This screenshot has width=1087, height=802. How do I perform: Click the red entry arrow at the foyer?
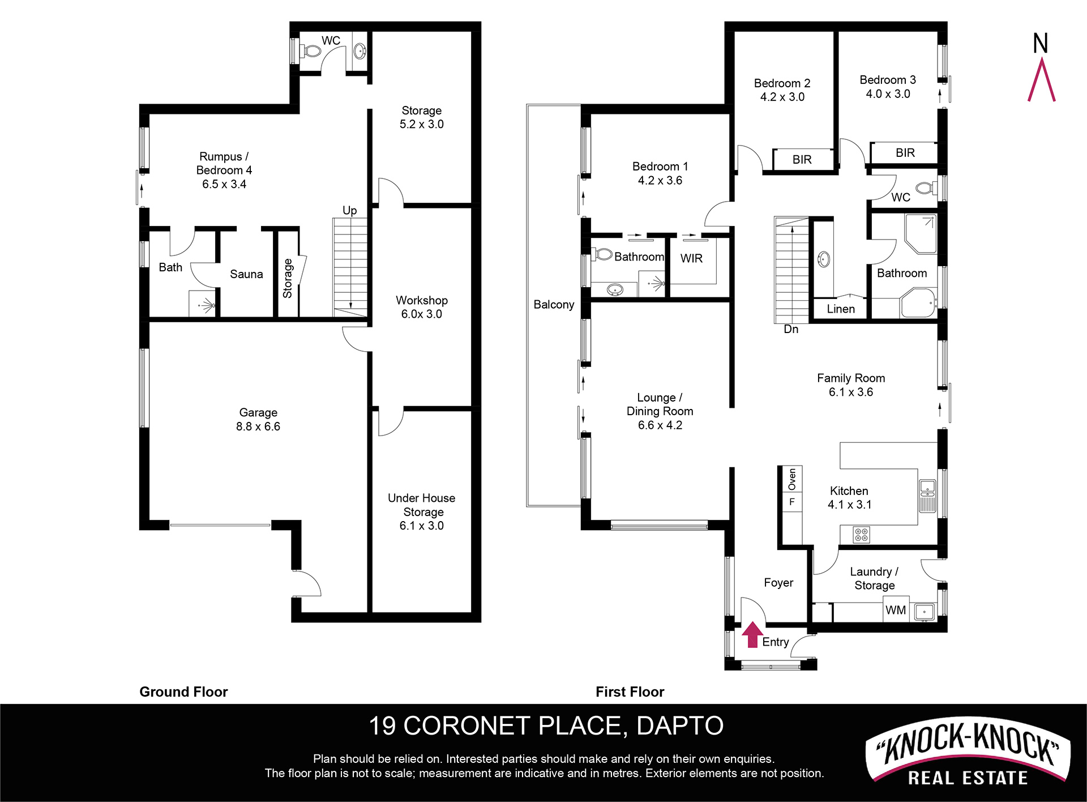point(752,634)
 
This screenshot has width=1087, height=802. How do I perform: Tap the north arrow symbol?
point(1041,67)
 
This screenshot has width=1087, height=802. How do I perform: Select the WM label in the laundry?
point(896,610)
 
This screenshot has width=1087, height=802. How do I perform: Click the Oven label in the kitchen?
point(792,479)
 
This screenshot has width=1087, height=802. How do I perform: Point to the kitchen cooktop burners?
point(862,535)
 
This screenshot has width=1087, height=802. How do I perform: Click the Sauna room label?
point(246,274)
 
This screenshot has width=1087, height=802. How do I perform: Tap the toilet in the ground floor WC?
point(311,51)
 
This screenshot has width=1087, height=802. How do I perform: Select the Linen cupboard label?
point(841,309)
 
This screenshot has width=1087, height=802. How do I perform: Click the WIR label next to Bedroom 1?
point(691,258)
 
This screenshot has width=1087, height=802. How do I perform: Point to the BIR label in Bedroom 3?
point(905,153)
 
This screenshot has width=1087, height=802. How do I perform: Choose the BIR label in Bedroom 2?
point(802,160)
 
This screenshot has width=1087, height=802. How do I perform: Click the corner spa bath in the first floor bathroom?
point(918,303)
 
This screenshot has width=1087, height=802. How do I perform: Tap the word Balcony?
point(554,305)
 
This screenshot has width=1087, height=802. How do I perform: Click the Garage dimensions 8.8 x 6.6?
point(258,426)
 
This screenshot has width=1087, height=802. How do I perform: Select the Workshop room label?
point(422,300)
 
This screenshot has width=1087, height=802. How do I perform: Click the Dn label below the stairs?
point(791,329)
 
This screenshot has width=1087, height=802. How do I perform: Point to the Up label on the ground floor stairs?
point(350,211)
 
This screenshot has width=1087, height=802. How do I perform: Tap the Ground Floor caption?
point(183,692)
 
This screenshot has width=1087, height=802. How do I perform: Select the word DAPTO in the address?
point(680,726)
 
